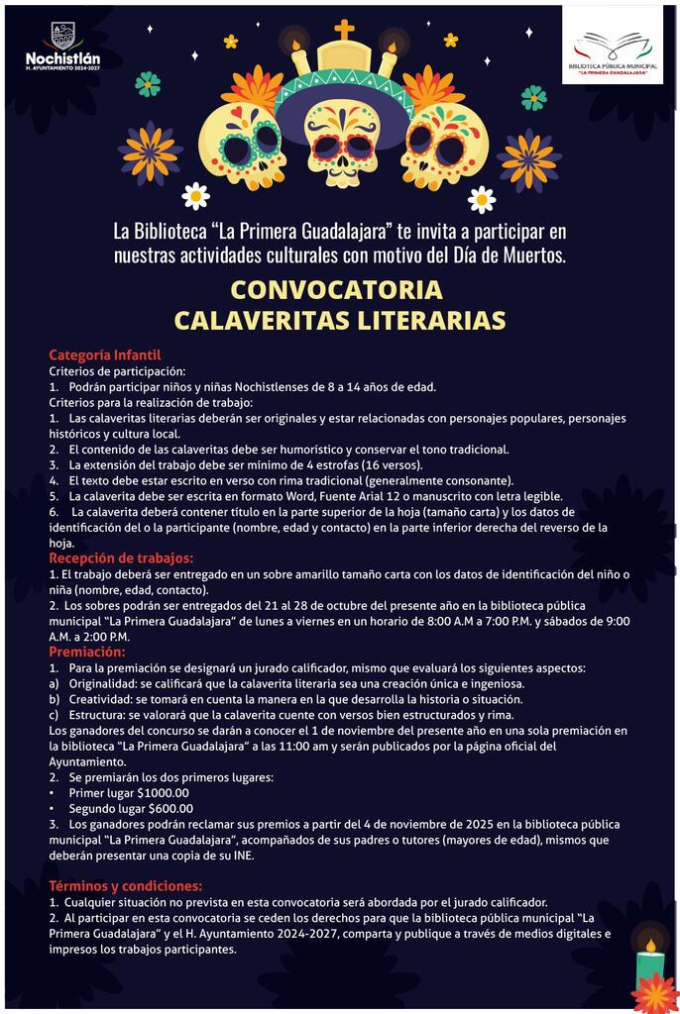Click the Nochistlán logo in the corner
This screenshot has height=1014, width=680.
pos(61,45)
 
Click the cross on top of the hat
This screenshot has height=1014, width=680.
pos(344,30)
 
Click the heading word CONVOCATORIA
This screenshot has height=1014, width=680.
pos(336,291)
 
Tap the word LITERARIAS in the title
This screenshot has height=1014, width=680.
pos(422,321)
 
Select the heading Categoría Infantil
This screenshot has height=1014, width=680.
pos(104,355)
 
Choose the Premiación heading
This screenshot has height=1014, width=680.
pos(87,653)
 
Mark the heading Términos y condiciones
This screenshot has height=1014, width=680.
pos(125,886)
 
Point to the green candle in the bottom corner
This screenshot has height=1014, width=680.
pos(650,965)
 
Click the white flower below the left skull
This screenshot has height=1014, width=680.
pos(195,196)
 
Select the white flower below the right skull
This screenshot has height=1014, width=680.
pos(482,199)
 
